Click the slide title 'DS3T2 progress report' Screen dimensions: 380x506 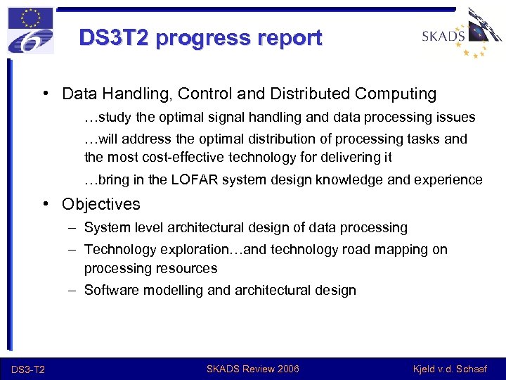pyautogui.click(x=200, y=37)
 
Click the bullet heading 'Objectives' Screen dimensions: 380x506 pyautogui.click(x=100, y=204)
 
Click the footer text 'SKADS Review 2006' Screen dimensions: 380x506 pyautogui.click(x=252, y=369)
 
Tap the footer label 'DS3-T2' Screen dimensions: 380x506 pyautogui.click(x=28, y=369)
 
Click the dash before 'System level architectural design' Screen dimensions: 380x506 pyautogui.click(x=73, y=227)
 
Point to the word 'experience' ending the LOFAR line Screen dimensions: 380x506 pyautogui.click(x=450, y=179)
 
